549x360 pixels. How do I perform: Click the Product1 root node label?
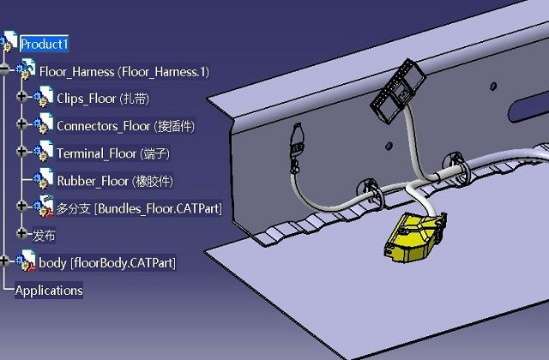45,44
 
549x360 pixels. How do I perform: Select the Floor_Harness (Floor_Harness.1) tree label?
124,71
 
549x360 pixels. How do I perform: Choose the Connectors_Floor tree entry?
125,126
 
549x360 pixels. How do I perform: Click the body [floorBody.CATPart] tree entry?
107,262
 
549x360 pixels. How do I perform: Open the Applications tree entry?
49,291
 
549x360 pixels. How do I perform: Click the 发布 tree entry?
45,235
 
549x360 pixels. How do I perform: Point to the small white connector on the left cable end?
298,141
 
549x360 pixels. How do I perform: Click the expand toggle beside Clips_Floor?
22,98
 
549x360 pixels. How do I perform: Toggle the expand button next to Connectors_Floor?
22,125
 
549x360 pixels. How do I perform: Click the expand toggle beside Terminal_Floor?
22,153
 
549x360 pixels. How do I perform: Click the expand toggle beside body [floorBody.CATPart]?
6,261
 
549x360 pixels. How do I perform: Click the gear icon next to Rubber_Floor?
43,180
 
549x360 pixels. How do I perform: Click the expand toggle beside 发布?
22,234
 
